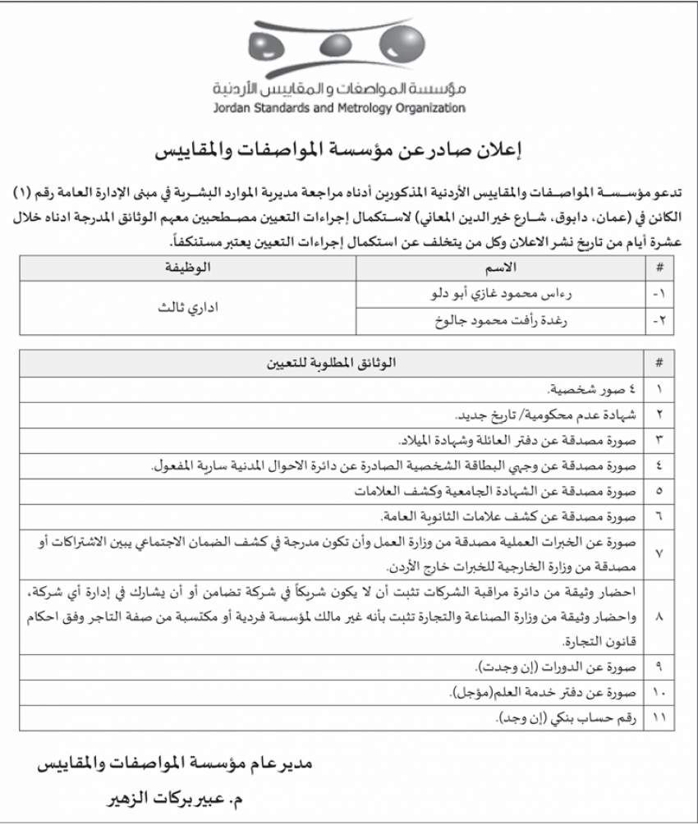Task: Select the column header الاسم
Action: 502,269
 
